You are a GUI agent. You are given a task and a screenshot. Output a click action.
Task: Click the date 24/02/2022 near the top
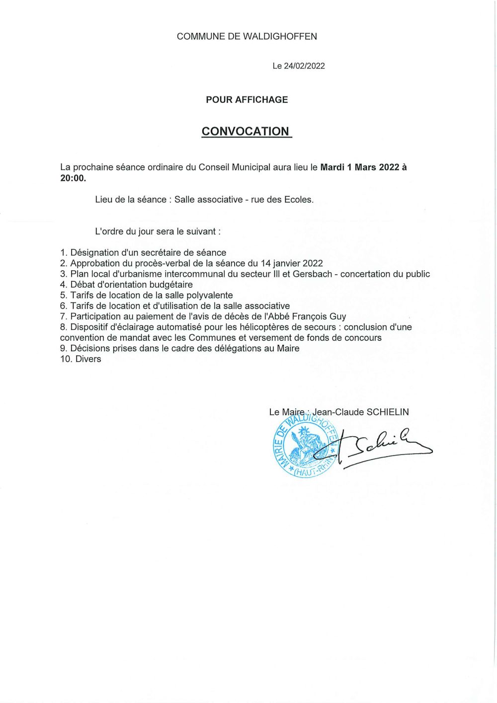pyautogui.click(x=304, y=66)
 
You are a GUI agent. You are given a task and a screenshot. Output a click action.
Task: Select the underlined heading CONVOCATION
pyautogui.click(x=246, y=131)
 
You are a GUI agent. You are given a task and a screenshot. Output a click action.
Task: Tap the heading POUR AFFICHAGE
pyautogui.click(x=247, y=99)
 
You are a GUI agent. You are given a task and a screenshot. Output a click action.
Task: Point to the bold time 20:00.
pyautogui.click(x=73, y=178)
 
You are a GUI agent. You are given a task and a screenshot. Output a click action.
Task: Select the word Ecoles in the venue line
pyautogui.click(x=299, y=200)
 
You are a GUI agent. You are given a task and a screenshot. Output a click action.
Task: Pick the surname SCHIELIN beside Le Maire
pyautogui.click(x=388, y=412)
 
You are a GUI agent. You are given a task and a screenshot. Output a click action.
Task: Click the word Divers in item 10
pyautogui.click(x=88, y=359)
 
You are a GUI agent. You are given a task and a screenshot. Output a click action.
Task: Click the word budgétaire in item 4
pyautogui.click(x=171, y=285)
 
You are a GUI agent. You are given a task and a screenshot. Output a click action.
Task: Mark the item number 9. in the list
pyautogui.click(x=64, y=348)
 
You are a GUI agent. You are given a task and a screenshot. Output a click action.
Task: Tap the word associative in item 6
pyautogui.click(x=261, y=306)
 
